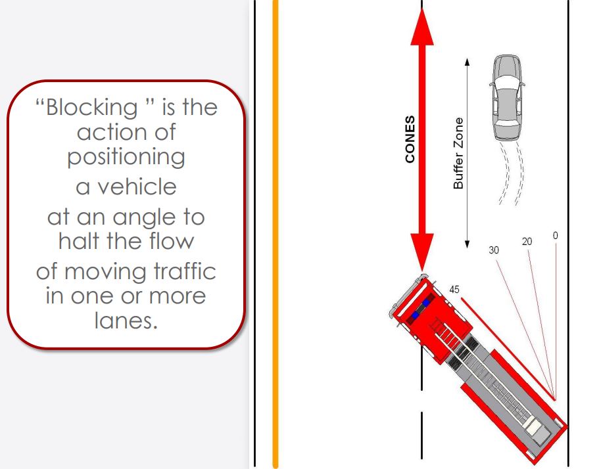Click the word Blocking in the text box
[91, 107]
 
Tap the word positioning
[126, 157]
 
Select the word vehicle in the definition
[137, 187]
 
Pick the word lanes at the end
[126, 320]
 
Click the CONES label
[410, 139]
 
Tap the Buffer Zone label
[458, 153]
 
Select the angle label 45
[454, 290]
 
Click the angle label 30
[494, 250]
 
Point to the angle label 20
[527, 242]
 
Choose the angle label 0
[556, 236]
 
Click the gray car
[507, 98]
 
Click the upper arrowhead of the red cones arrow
[422, 27]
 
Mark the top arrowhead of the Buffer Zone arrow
[467, 62]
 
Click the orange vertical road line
[276, 234]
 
